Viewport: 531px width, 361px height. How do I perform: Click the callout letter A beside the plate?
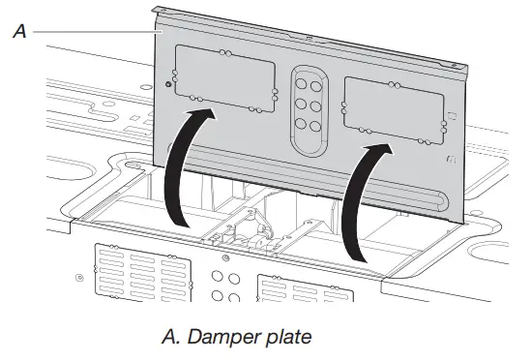tap(18, 31)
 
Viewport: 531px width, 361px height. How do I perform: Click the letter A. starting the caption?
tap(166, 340)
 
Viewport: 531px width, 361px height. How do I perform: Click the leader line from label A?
tap(97, 31)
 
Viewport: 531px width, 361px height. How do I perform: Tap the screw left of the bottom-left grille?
tap(79, 280)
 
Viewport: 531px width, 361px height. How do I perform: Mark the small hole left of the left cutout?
tap(170, 86)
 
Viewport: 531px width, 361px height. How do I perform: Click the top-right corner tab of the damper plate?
tap(466, 70)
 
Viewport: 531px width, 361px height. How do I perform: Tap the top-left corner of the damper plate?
tap(161, 7)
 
